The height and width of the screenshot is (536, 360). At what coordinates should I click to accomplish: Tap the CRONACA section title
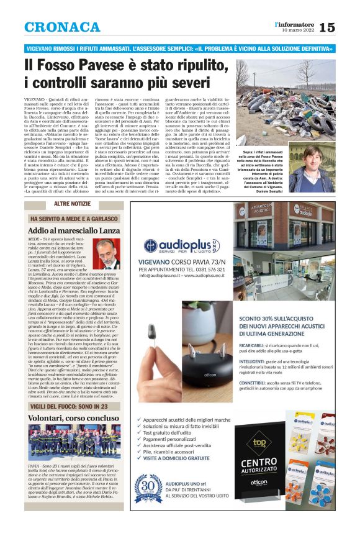coord(62,27)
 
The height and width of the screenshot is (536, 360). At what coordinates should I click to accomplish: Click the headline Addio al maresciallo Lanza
coord(74,230)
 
